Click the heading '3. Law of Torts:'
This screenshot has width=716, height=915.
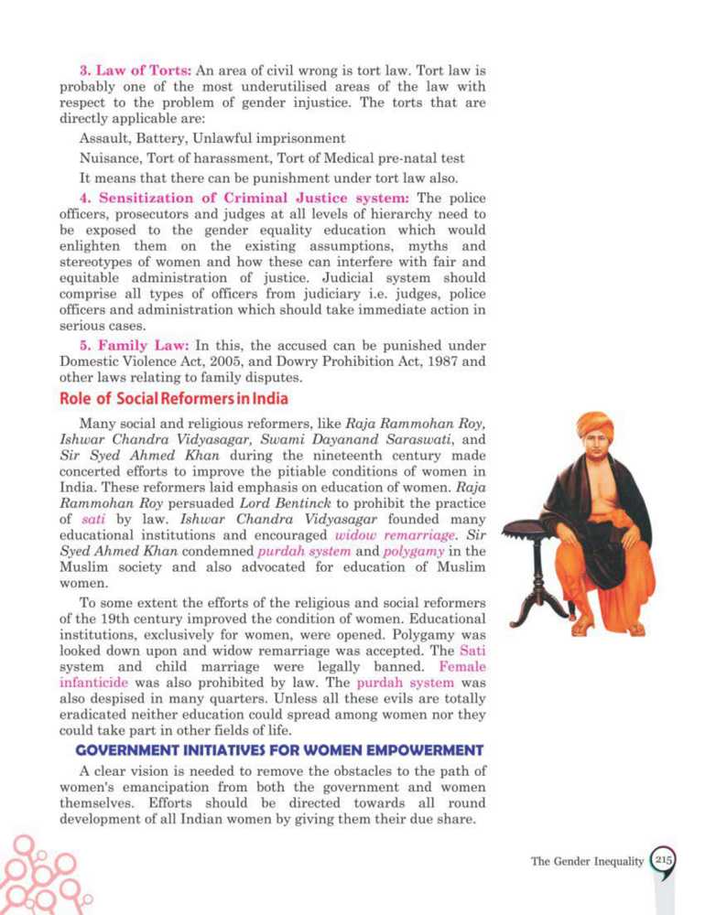pyautogui.click(x=134, y=70)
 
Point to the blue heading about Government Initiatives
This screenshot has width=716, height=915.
pyautogui.click(x=279, y=750)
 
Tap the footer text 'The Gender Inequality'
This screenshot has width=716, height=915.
pyautogui.click(x=587, y=862)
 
